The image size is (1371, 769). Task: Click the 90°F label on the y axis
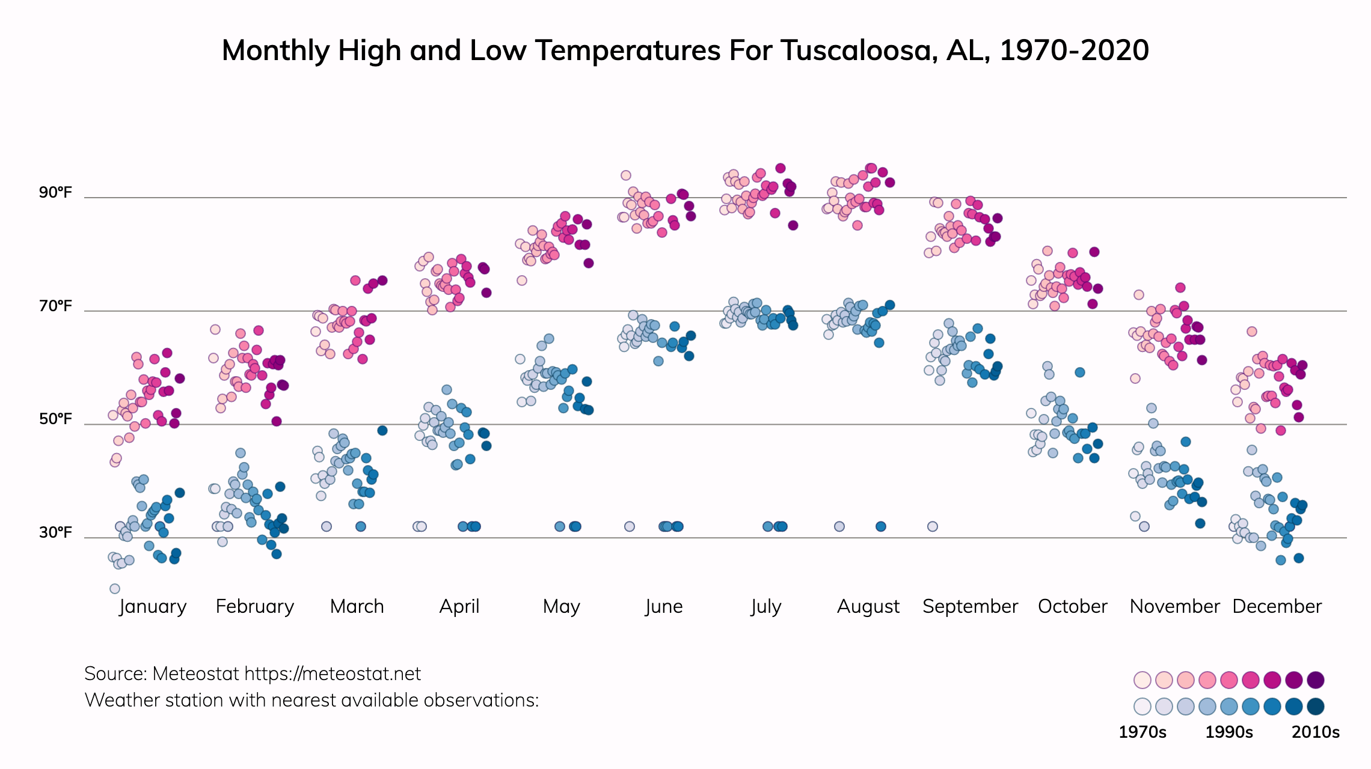pyautogui.click(x=55, y=192)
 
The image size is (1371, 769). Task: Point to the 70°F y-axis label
pyautogui.click(x=55, y=306)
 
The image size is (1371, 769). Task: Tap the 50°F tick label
pyautogui.click(x=55, y=419)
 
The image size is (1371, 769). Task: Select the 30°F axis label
pyautogui.click(x=55, y=532)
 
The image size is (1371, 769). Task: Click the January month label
pyautogui.click(x=153, y=606)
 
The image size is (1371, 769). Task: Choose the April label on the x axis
pyautogui.click(x=459, y=606)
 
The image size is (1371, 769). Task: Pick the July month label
pyautogui.click(x=766, y=606)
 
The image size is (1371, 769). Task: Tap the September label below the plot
pyautogui.click(x=970, y=606)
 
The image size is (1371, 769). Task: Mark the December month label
pyautogui.click(x=1277, y=606)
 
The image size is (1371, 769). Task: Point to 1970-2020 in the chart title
pyautogui.click(x=1074, y=50)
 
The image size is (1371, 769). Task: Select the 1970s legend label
pyautogui.click(x=1142, y=732)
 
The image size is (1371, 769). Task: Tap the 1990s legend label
pyautogui.click(x=1229, y=732)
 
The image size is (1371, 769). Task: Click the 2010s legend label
pyautogui.click(x=1316, y=732)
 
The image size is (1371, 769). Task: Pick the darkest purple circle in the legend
pyautogui.click(x=1316, y=680)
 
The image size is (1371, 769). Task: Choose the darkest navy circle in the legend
pyautogui.click(x=1316, y=707)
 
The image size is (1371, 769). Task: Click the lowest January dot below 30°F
pyautogui.click(x=115, y=589)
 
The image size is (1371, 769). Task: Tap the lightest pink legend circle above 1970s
pyautogui.click(x=1142, y=680)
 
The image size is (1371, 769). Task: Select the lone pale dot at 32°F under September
pyautogui.click(x=932, y=526)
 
